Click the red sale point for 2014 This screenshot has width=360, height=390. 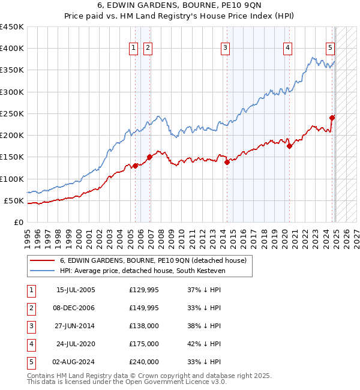(x=227, y=162)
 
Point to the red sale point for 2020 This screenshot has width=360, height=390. (x=289, y=146)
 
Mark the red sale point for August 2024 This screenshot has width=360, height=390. (x=332, y=118)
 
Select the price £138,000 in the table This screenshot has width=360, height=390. (x=144, y=326)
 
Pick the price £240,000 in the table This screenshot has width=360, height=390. (x=144, y=362)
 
